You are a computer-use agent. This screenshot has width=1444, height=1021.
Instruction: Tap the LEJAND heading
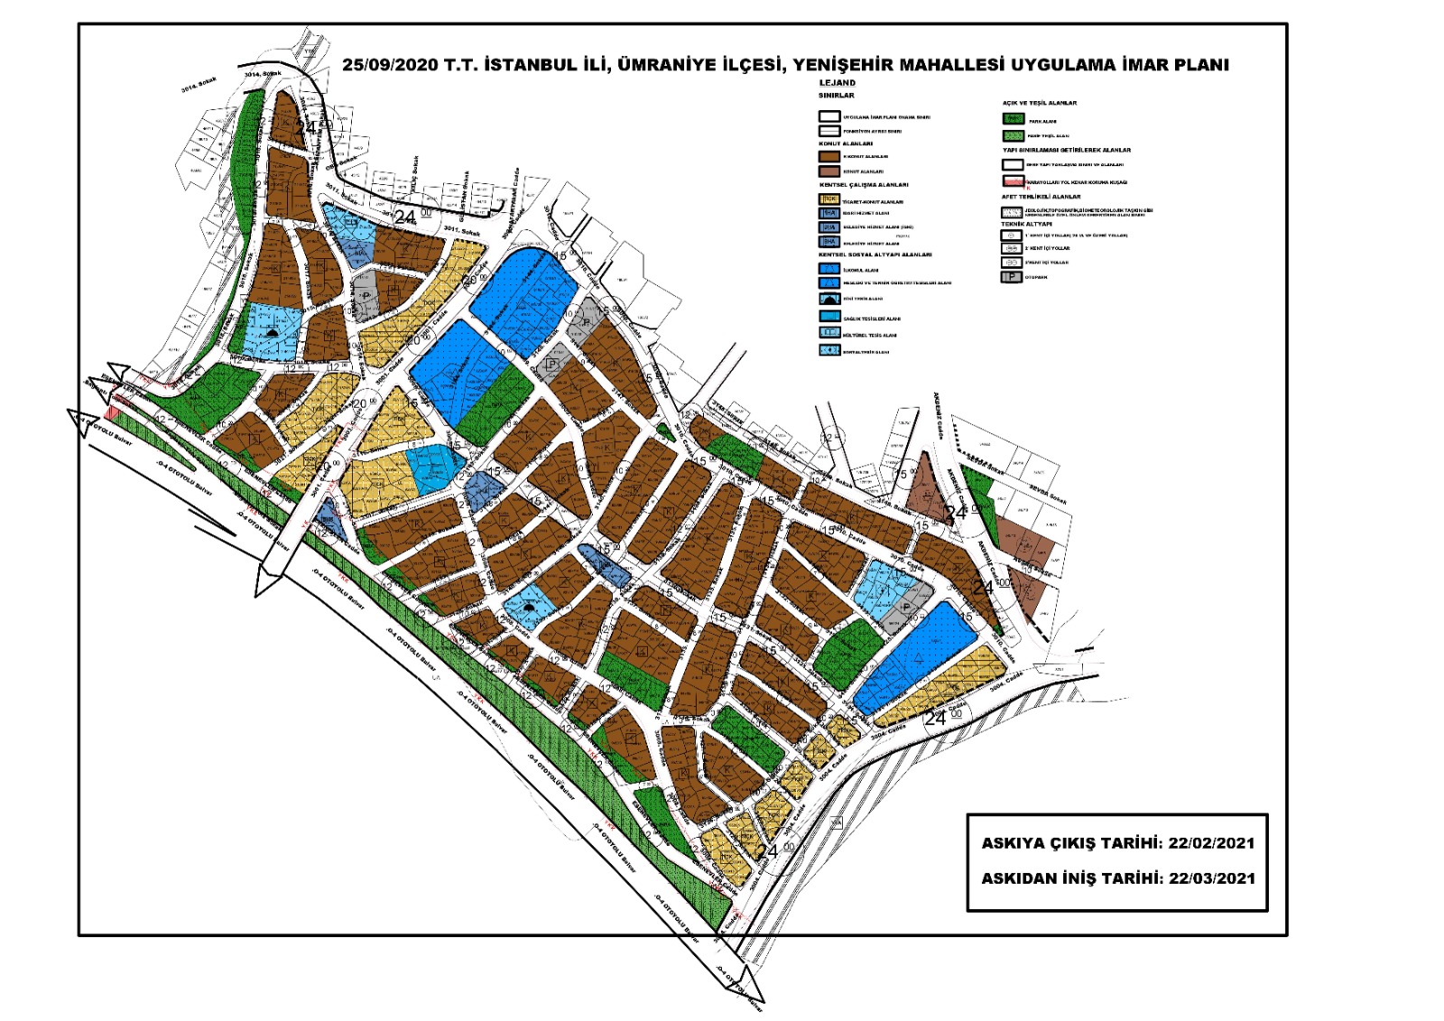click(837, 83)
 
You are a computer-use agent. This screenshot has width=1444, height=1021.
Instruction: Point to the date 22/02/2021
click(1211, 843)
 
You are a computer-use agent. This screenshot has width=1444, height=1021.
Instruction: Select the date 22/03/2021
click(1211, 877)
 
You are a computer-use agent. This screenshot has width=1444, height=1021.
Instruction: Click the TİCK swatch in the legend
click(829, 200)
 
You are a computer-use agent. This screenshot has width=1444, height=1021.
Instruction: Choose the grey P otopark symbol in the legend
click(1012, 277)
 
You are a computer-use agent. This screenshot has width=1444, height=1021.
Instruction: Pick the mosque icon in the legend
click(829, 298)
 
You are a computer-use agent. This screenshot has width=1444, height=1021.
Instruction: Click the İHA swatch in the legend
click(829, 214)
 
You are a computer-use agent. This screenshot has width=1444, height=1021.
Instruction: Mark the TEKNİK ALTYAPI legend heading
click(1026, 223)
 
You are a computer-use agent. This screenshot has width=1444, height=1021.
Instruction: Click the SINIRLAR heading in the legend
click(836, 95)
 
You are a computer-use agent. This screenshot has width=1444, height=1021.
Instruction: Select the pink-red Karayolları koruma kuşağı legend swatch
click(1013, 181)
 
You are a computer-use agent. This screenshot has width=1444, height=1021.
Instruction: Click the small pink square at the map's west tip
click(111, 412)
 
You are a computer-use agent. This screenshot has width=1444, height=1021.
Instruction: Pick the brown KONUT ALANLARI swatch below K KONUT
click(829, 171)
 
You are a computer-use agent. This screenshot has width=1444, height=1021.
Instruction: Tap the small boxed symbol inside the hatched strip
click(837, 821)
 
